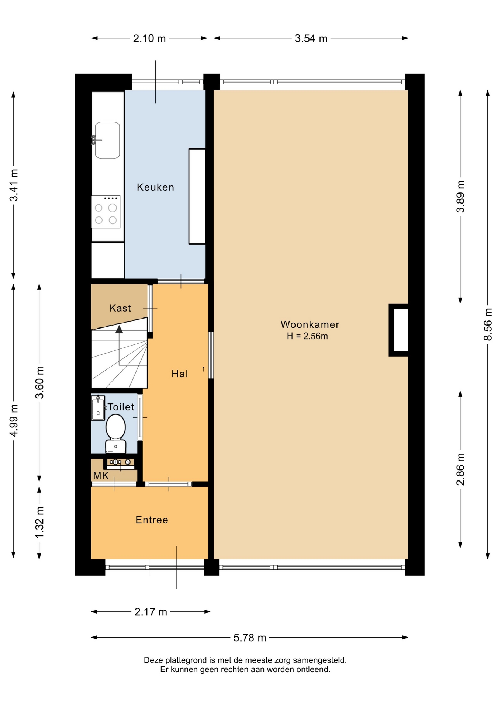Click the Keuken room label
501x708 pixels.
point(155,187)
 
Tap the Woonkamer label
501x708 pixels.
point(310,324)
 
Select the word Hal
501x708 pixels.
point(180,374)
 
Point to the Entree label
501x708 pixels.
point(152,520)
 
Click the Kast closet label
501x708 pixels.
point(120,308)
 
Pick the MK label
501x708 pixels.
point(101,476)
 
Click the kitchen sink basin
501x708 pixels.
point(107,140)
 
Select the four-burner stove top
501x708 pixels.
point(106,212)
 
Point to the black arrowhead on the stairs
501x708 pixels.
point(119,329)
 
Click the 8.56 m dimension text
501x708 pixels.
point(488,324)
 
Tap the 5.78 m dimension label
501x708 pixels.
point(250,638)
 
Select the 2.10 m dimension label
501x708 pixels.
point(149,38)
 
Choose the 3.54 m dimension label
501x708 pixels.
point(311,38)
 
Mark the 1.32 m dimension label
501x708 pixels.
point(39,522)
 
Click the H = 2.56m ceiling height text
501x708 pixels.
point(307,336)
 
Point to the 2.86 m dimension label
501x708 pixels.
point(460,469)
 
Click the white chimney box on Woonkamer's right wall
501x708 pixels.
point(401,330)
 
